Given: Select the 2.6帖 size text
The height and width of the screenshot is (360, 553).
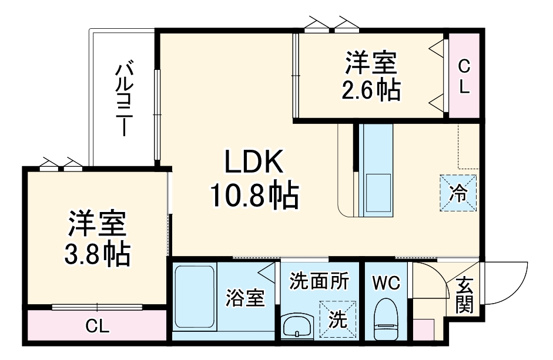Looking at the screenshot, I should (371, 90).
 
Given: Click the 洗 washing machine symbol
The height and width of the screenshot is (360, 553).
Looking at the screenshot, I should (337, 319).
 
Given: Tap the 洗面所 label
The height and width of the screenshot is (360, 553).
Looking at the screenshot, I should (319, 281).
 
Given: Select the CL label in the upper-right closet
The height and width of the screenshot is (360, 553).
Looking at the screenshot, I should (464, 76).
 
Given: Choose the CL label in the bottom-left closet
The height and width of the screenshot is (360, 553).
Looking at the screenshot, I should (97, 325).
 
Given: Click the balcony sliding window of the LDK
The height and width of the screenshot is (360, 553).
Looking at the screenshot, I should (157, 115).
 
